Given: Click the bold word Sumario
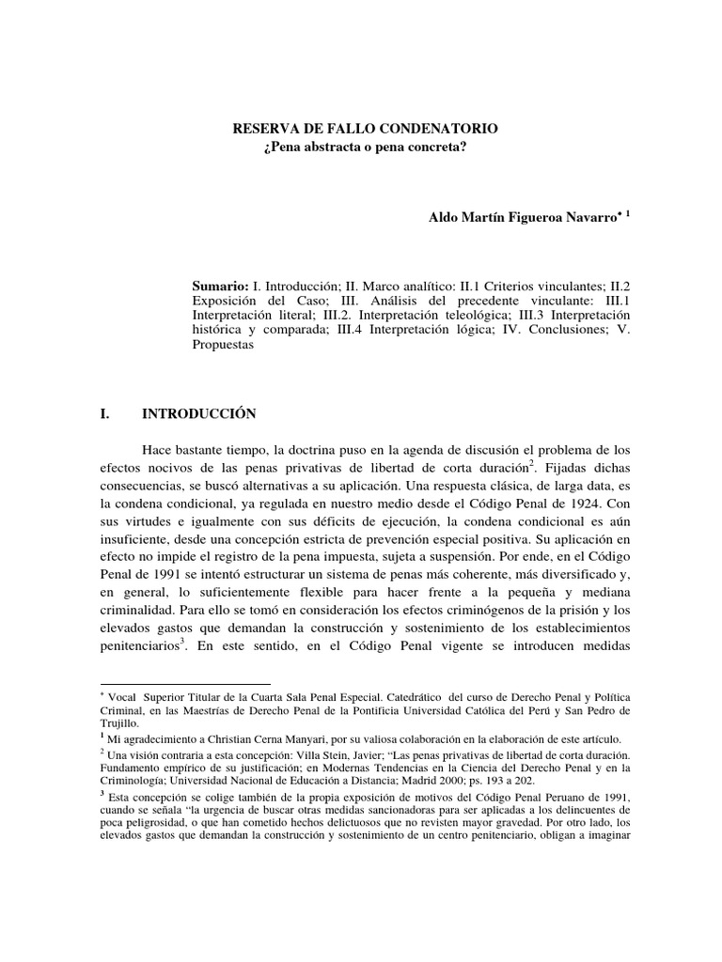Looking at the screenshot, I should (219, 284).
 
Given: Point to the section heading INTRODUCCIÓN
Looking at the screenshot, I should (198, 412).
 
